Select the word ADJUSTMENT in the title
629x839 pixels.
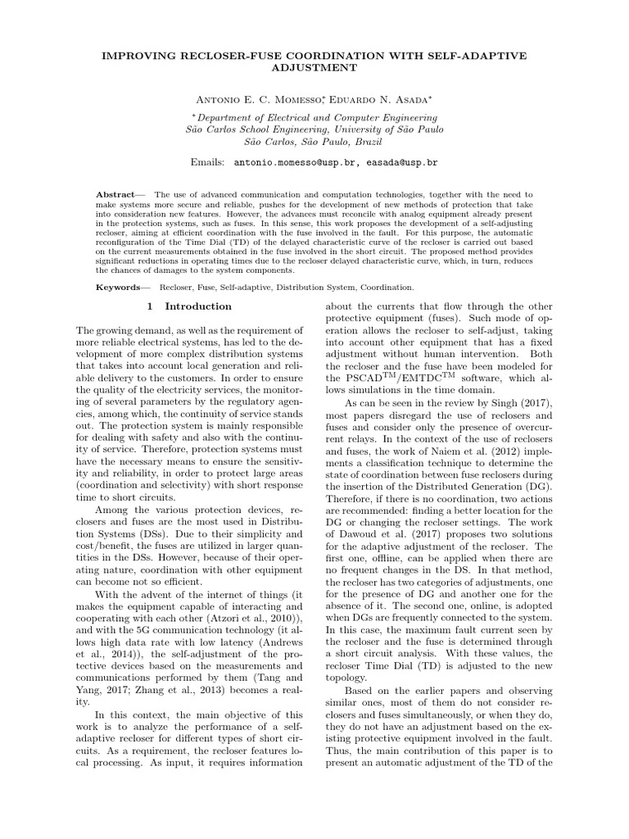point(314,68)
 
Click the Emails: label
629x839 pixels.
point(209,163)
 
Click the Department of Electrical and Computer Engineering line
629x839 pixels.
point(314,117)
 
